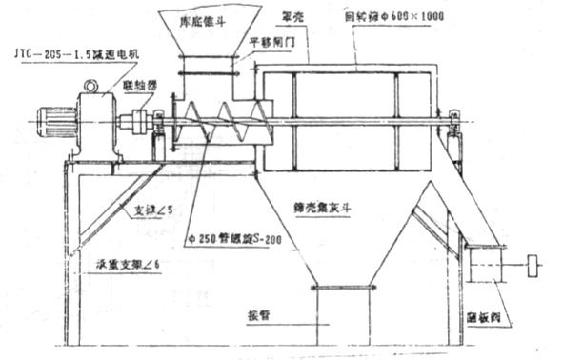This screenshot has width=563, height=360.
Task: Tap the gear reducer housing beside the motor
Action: [97, 124]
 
